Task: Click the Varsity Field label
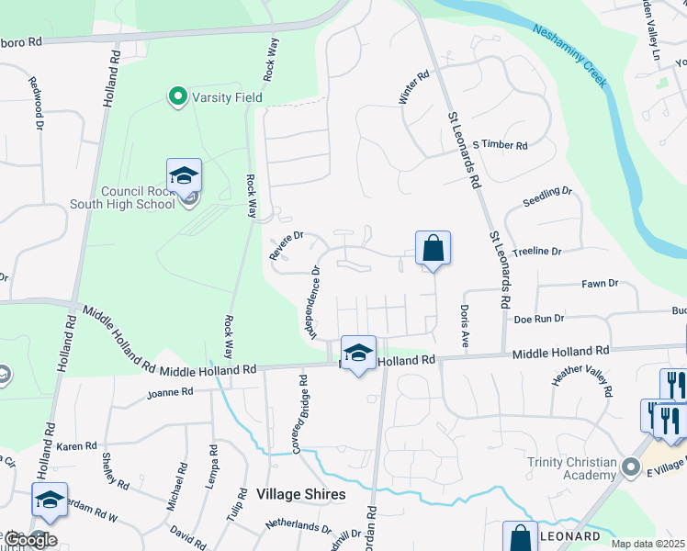coord(227,97)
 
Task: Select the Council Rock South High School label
coord(138,197)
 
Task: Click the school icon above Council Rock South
coord(184,174)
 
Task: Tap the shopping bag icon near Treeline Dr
coord(433,248)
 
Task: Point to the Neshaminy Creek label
coord(570,56)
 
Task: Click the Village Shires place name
coord(301,494)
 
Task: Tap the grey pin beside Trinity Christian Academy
coord(631,467)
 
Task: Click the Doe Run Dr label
coord(538,318)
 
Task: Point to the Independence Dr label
coord(314,302)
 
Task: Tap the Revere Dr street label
coord(286,245)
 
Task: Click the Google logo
coord(29,540)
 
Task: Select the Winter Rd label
coord(414,90)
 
